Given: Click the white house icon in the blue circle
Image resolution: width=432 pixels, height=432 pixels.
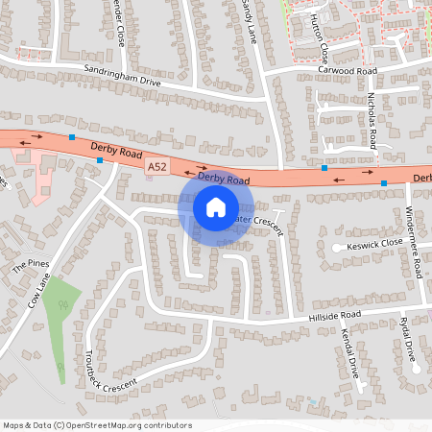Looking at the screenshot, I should pos(215,207).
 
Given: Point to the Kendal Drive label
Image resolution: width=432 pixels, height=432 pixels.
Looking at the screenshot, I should pos(349,351).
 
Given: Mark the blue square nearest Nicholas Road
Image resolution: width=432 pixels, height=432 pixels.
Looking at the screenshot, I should pos(325,167).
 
